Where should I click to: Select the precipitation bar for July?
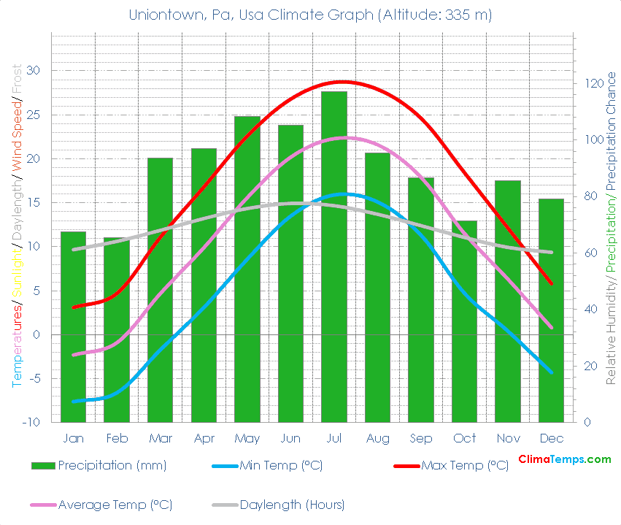[x=334, y=256]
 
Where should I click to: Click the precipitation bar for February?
[x=117, y=329]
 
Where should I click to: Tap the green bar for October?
[x=464, y=321]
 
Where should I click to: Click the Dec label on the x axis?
[x=551, y=438]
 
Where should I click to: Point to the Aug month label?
[x=377, y=438]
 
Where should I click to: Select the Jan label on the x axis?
[x=73, y=438]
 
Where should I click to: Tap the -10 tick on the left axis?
[x=31, y=423]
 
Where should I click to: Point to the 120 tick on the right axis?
[x=592, y=84]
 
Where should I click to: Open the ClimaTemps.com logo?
[x=564, y=459]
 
